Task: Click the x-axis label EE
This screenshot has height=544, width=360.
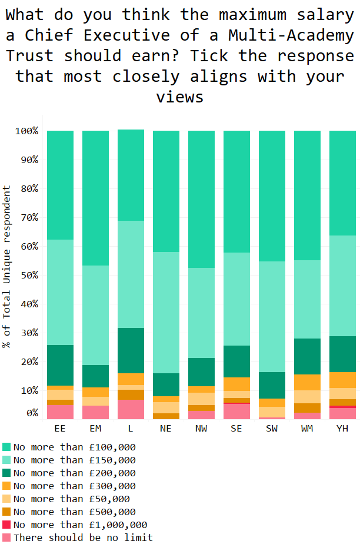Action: (60, 428)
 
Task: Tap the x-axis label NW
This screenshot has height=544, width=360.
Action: (201, 428)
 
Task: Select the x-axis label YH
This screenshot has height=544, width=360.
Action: (342, 428)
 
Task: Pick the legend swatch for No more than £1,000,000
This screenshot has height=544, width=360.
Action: (6, 525)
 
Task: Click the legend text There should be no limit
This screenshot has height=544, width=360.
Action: (83, 538)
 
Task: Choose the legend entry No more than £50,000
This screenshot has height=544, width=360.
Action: (71, 499)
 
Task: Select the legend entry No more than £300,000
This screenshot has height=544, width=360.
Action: (74, 486)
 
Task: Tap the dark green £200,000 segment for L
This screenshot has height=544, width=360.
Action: (131, 350)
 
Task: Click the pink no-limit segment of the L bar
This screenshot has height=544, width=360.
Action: (131, 410)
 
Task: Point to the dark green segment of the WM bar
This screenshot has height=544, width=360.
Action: (307, 356)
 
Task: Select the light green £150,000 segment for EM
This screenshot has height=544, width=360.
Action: (95, 315)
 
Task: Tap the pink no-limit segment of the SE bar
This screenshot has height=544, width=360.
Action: (236, 412)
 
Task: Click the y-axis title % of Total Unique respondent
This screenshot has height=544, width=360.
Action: (7, 266)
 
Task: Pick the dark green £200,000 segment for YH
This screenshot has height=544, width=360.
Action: (342, 354)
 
